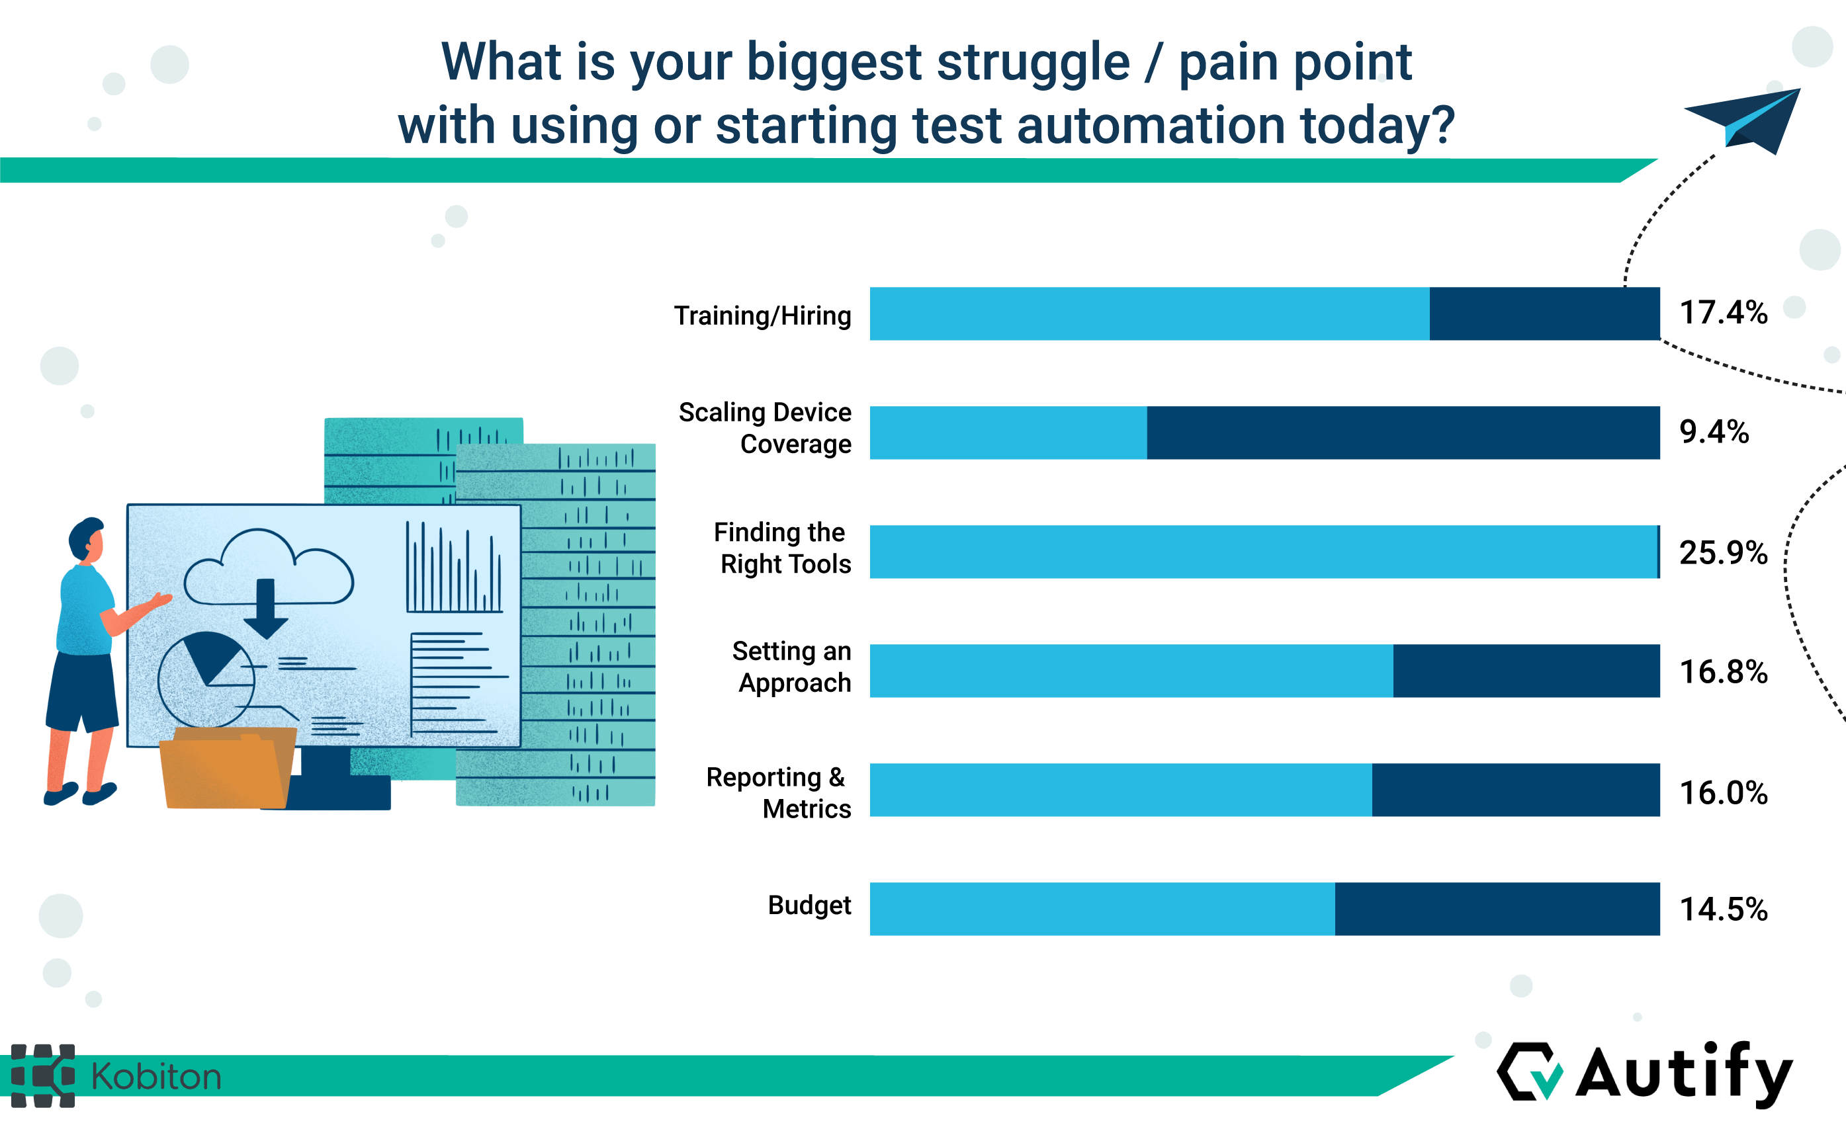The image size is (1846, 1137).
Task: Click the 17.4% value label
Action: pos(1723,313)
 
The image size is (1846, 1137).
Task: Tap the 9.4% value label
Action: pos(1714,433)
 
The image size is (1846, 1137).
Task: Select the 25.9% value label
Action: pos(1723,553)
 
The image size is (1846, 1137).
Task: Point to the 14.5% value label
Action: pos(1723,909)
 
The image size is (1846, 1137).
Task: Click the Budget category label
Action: pos(809,905)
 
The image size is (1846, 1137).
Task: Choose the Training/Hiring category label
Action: pos(762,316)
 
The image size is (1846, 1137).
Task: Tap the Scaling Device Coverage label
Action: pos(765,428)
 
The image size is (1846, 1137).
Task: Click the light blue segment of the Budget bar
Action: pos(1102,909)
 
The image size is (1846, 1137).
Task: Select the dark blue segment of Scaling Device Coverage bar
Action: pos(1403,433)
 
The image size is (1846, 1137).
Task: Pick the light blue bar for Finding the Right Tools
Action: pos(1264,552)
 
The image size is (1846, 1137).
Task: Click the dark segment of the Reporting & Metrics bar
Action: pos(1516,790)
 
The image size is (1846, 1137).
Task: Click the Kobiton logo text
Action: pos(155,1077)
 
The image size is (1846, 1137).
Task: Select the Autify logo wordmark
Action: pos(1683,1074)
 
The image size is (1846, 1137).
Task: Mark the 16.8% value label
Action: pos(1723,671)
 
